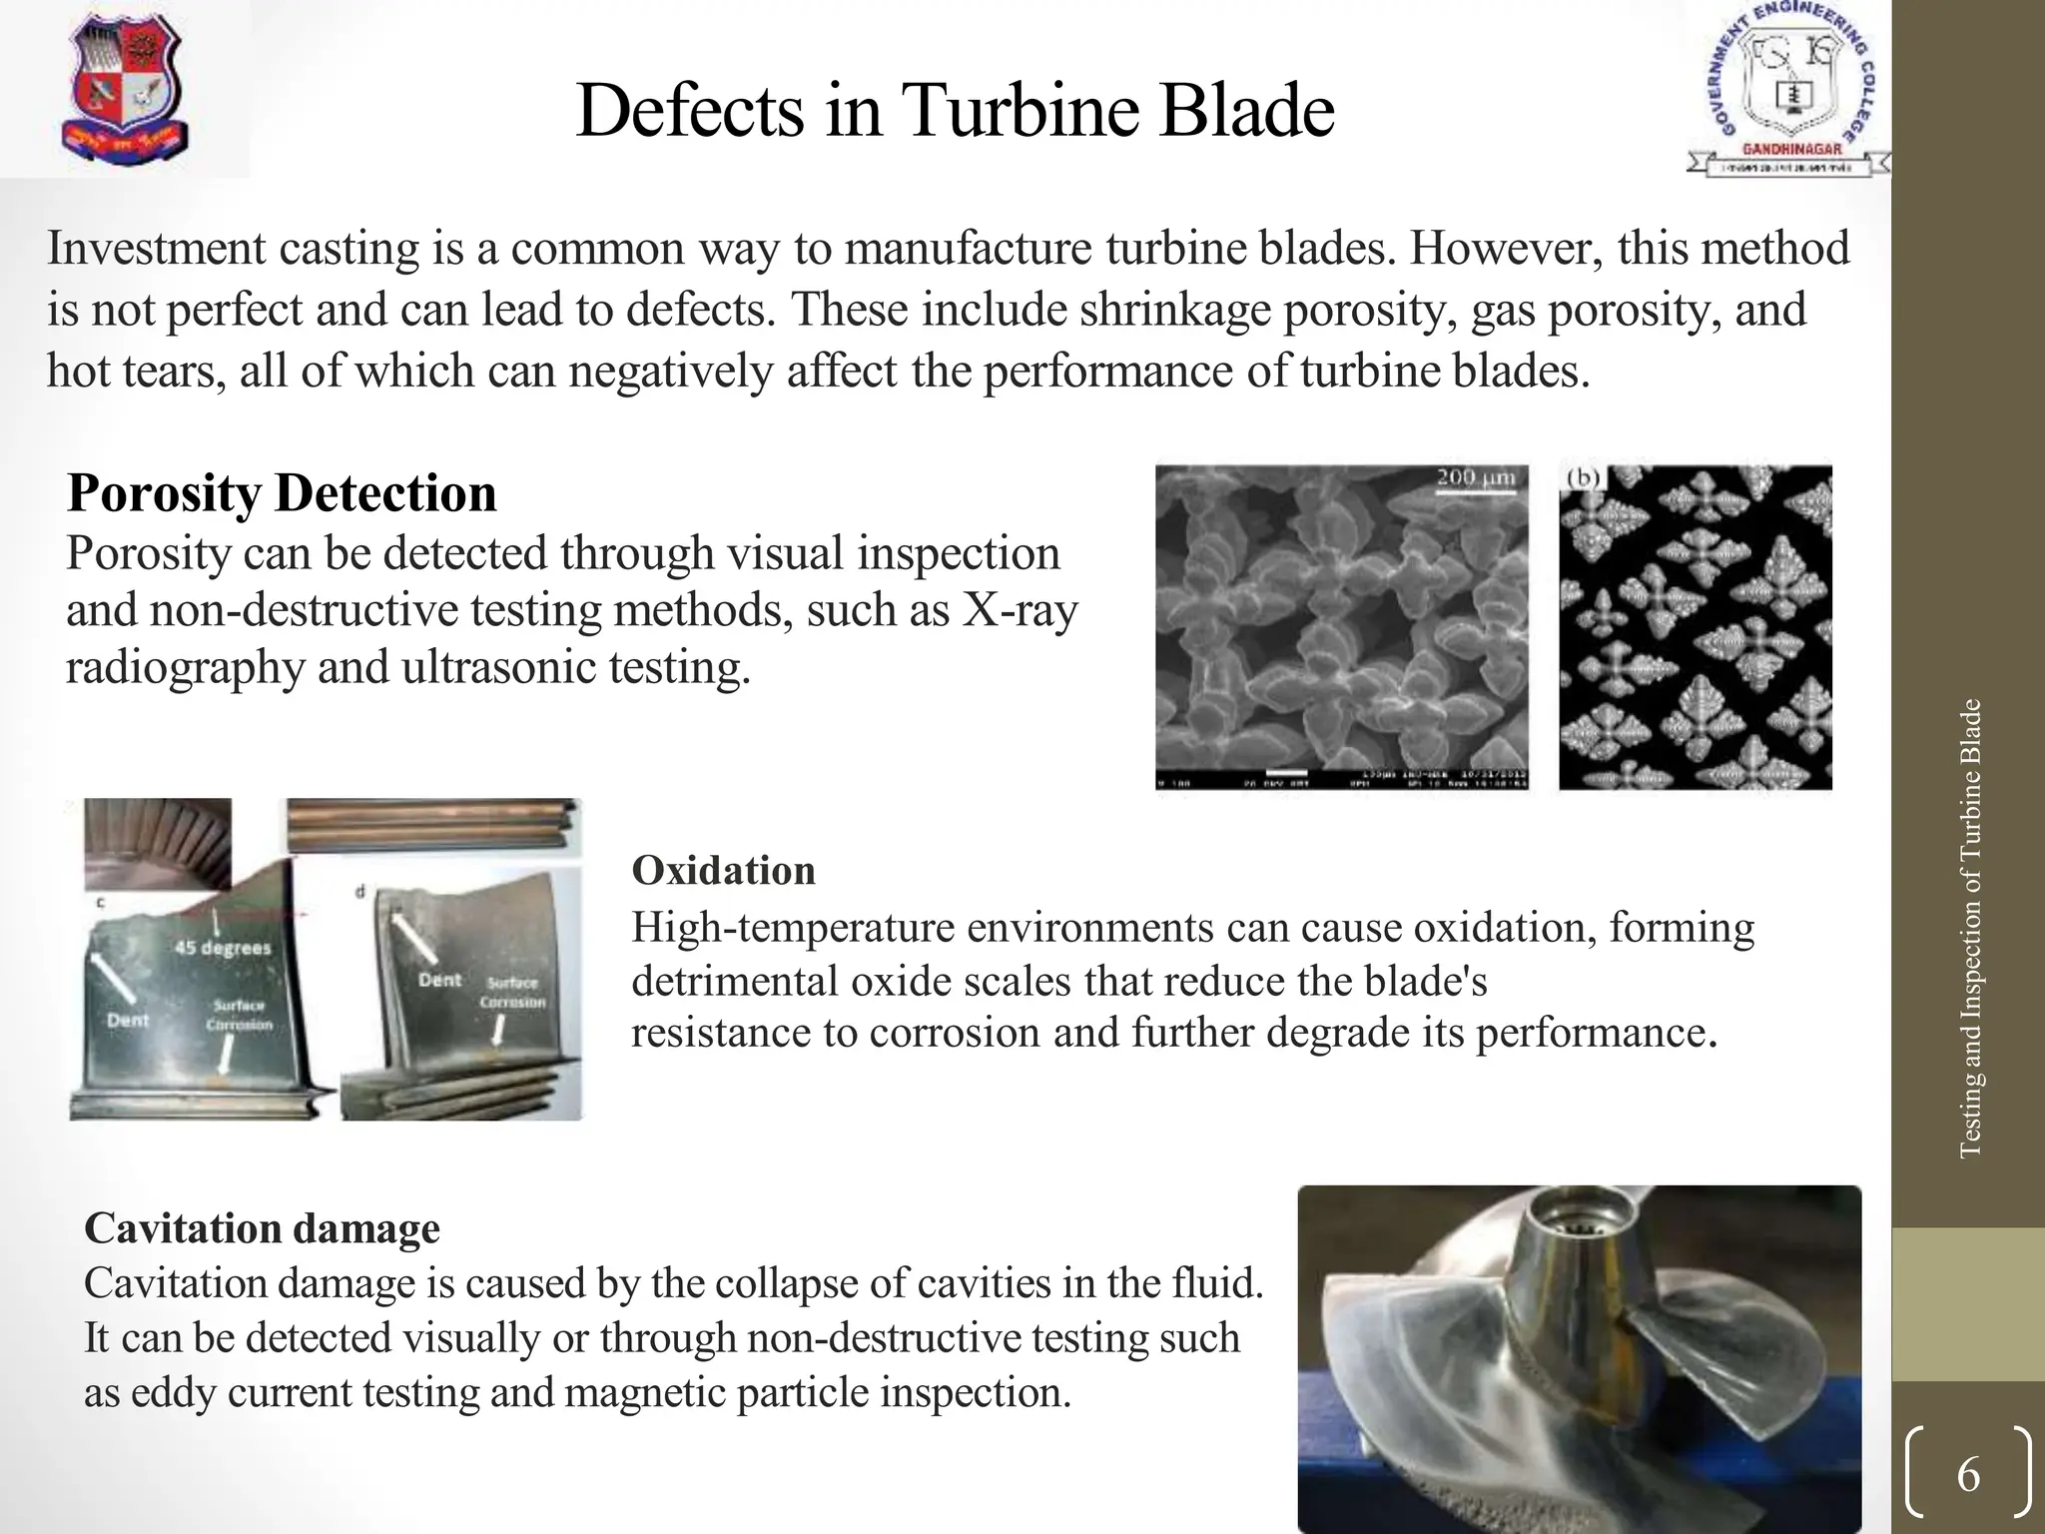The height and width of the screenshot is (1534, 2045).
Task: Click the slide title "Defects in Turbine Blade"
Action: point(955,110)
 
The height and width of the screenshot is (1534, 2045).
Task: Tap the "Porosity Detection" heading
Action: point(282,492)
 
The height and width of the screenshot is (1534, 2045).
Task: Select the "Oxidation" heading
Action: point(723,871)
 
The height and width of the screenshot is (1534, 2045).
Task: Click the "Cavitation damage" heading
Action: point(262,1227)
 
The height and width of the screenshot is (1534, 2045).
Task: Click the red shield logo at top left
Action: point(126,88)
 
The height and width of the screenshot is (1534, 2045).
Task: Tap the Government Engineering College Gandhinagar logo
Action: point(1787,90)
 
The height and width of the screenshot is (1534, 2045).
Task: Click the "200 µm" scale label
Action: point(1476,478)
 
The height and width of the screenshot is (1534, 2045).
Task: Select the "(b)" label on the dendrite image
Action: point(1584,478)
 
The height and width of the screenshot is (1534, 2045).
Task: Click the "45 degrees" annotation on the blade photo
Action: point(223,947)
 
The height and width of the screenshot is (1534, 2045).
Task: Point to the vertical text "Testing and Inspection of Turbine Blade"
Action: point(1969,929)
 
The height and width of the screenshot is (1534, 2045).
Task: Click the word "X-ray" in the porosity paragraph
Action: point(1020,610)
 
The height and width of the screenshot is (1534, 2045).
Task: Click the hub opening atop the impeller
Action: point(1579,1212)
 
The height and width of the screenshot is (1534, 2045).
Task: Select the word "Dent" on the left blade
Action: point(128,1021)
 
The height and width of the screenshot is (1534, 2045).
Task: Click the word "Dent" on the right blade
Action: point(440,981)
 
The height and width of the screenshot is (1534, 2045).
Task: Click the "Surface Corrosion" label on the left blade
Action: point(239,1015)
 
